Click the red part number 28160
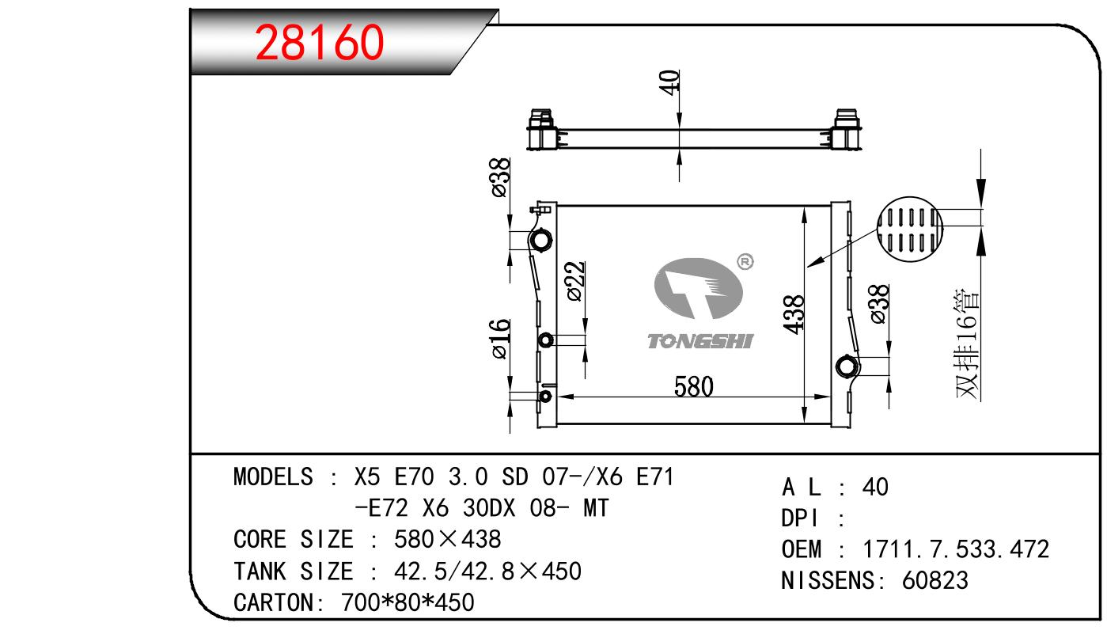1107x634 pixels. (319, 43)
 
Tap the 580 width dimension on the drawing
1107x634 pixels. (693, 386)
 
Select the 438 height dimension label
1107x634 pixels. (794, 315)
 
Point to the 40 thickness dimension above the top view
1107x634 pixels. (669, 82)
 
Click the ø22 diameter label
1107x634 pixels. (576, 281)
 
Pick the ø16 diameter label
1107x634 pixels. (501, 339)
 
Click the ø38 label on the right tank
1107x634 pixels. (879, 305)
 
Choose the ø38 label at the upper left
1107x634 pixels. (501, 177)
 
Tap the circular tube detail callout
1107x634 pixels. (909, 229)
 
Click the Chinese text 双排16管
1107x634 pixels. (967, 344)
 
